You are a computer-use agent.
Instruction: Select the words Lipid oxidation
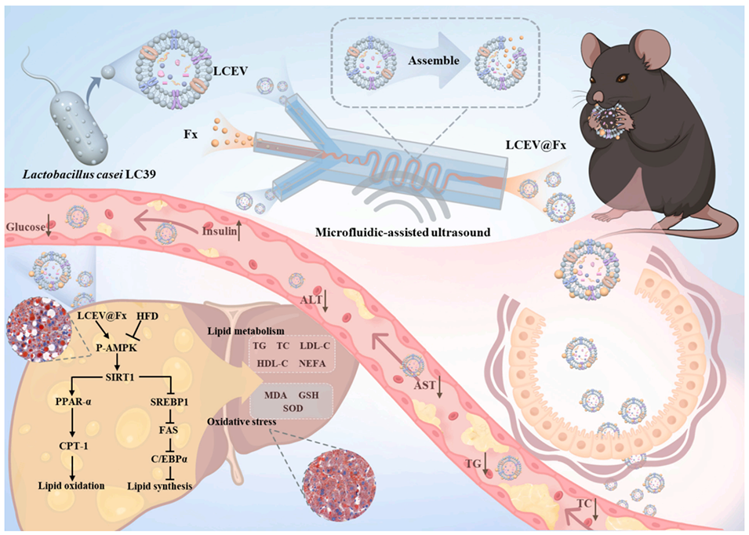tap(71, 486)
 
